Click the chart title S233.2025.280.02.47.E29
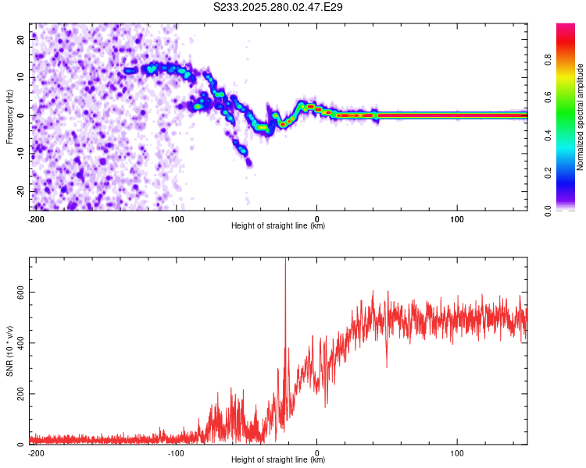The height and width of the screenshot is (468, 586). (x=279, y=7)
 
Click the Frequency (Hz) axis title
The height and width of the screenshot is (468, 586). (x=9, y=117)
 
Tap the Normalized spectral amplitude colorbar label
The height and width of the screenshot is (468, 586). (x=581, y=117)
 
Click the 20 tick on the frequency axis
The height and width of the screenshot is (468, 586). (x=22, y=39)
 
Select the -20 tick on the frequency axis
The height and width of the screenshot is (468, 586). (x=20, y=191)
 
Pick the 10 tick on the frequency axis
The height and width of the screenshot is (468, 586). (x=22, y=77)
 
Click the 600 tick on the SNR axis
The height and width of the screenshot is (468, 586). (x=19, y=292)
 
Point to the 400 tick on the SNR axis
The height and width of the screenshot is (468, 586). (x=19, y=342)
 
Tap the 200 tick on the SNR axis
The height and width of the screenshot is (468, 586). (x=19, y=394)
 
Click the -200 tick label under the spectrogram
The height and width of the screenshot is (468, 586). (x=36, y=218)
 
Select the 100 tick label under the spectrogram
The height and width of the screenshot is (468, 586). (x=456, y=218)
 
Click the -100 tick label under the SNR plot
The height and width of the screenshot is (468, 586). (x=176, y=452)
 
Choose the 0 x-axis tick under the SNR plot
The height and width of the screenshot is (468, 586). (x=317, y=452)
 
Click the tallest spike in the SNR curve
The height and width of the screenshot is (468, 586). (x=285, y=262)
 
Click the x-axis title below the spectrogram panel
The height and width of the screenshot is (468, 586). (x=278, y=226)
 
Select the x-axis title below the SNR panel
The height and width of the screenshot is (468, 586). (x=278, y=460)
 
